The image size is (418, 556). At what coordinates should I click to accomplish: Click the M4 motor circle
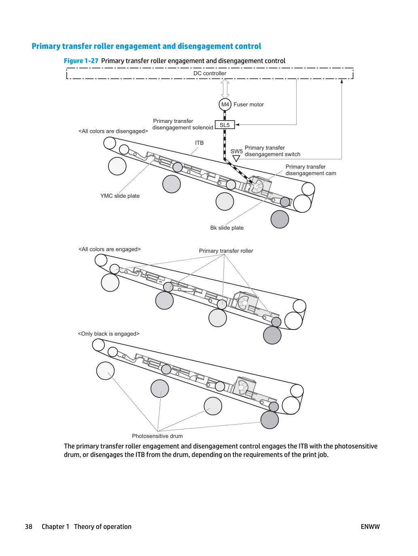(225, 104)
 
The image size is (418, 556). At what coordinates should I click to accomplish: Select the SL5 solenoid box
(225, 125)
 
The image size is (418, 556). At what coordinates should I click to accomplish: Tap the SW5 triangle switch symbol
(236, 159)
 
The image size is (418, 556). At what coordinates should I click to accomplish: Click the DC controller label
(210, 74)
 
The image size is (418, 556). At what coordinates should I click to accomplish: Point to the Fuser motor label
(248, 104)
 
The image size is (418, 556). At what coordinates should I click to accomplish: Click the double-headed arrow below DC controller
(225, 89)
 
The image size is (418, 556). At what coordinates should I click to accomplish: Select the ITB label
(199, 143)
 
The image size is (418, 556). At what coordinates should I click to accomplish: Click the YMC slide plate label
(120, 196)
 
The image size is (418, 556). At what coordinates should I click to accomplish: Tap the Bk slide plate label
(227, 228)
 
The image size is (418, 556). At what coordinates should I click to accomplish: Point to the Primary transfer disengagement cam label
(311, 170)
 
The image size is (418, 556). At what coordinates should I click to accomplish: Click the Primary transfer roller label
(226, 251)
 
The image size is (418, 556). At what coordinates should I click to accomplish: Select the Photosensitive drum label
(157, 436)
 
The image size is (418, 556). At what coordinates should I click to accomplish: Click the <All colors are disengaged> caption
(113, 131)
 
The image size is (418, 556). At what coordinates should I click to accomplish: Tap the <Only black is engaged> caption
(108, 334)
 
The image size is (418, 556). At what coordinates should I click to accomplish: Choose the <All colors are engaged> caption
(110, 249)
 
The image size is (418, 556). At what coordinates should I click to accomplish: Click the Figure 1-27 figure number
(81, 61)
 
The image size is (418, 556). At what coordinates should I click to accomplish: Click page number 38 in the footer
(28, 526)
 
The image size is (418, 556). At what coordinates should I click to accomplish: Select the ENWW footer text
(370, 526)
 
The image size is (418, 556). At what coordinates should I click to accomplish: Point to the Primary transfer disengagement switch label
(272, 151)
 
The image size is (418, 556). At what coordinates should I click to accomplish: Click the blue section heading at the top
(146, 46)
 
